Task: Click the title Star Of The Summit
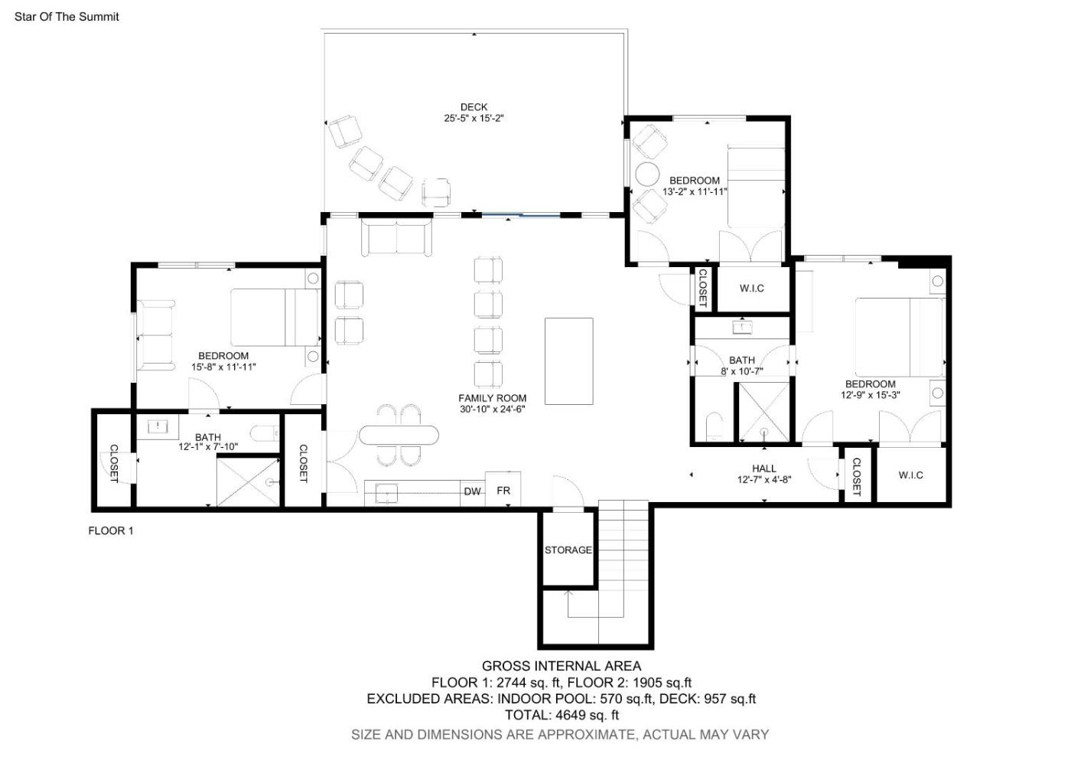point(67,17)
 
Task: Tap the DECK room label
point(474,107)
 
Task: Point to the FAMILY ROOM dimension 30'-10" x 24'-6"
point(493,409)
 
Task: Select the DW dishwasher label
point(473,491)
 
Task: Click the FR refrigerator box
point(503,488)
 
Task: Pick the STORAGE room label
point(568,550)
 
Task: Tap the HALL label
point(764,468)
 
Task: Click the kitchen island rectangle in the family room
point(569,361)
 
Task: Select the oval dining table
point(399,436)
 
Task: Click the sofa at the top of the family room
point(396,237)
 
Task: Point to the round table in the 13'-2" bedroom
point(647,175)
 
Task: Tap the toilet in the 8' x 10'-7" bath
point(715,426)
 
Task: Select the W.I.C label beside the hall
point(911,475)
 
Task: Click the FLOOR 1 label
point(111,530)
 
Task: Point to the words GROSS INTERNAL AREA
point(562,666)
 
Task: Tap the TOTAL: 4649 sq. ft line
point(562,715)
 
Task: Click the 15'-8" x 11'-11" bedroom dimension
point(223,367)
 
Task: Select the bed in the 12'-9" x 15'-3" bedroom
point(900,338)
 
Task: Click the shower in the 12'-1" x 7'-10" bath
point(248,482)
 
